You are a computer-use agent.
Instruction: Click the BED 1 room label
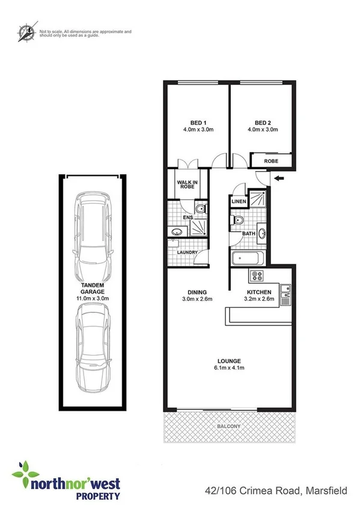click(194, 121)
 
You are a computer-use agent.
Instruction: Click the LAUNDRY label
click(188, 252)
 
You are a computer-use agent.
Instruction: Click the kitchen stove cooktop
click(257, 276)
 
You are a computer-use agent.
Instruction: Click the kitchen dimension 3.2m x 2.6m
click(259, 298)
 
